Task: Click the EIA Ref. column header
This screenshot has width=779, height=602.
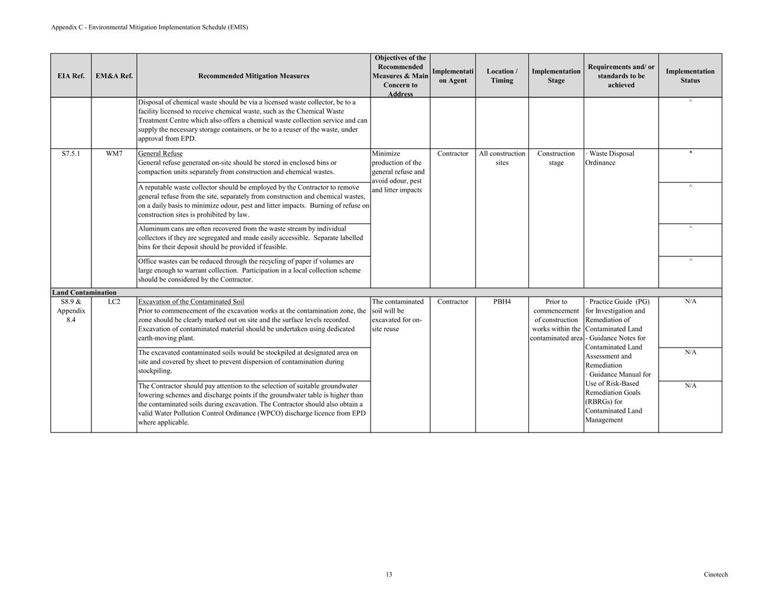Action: coord(71,76)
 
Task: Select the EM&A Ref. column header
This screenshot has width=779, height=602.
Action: coord(114,76)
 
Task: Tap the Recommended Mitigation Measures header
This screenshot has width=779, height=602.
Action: coord(254,76)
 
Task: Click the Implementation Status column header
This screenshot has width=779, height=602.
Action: coord(690,76)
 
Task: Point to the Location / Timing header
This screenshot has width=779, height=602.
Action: coord(502,76)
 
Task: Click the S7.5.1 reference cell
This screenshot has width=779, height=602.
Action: coord(71,153)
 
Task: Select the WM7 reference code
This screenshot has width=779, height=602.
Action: coord(114,153)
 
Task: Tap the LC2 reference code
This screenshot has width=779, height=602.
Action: coord(114,302)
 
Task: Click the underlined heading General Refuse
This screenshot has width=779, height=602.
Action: coord(160,153)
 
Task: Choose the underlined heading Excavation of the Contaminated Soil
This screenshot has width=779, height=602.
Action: coord(191,302)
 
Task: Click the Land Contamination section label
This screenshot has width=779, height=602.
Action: coord(84,292)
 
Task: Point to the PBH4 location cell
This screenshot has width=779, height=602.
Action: coord(502,302)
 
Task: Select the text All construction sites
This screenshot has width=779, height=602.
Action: coord(502,158)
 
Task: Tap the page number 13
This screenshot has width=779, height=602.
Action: coord(389,574)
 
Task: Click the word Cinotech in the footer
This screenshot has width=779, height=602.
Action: coord(715,574)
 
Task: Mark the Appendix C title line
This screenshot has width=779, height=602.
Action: coord(149,27)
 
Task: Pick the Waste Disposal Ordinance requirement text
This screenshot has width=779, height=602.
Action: coord(610,158)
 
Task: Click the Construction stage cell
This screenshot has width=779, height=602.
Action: coord(556,158)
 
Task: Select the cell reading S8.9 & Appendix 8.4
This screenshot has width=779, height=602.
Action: coord(71,310)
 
